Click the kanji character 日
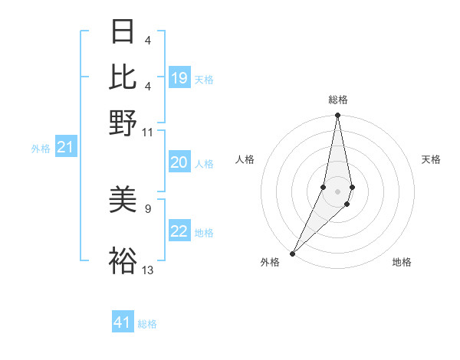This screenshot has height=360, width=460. point(123,33)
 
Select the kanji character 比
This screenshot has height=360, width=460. point(123,77)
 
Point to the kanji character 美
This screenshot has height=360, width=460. point(123,201)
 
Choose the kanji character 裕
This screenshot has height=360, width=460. point(123,261)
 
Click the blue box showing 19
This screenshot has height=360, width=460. point(179,78)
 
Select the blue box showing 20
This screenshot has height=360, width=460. point(179,162)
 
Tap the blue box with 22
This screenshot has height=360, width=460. point(179,231)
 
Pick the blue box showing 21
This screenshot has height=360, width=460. point(65,148)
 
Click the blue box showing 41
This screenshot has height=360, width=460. point(123,322)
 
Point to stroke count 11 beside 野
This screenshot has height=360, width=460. point(148,133)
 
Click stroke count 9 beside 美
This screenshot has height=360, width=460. point(148,208)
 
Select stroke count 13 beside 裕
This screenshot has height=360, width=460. point(148,270)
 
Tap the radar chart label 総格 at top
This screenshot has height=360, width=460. point(337,100)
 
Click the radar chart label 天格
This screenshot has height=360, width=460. point(431,159)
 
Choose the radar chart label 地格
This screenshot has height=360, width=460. point(402,262)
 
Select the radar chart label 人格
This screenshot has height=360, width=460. point(245,159)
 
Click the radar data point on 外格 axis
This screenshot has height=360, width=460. point(293,253)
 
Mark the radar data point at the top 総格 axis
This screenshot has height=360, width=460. point(337,116)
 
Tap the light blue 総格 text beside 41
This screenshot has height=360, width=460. point(147,324)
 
